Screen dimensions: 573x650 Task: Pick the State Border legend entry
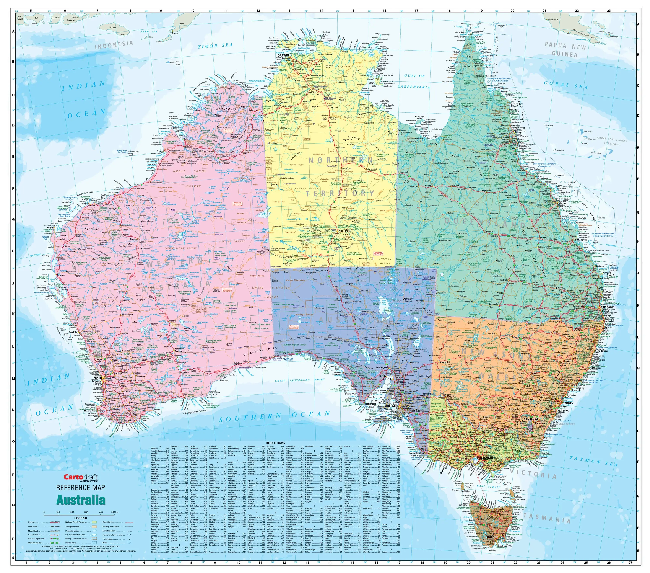pyautogui.click(x=108, y=522)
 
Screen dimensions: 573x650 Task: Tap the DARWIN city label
pyautogui.click(x=283, y=55)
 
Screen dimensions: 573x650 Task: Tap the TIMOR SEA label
pyautogui.click(x=215, y=46)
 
